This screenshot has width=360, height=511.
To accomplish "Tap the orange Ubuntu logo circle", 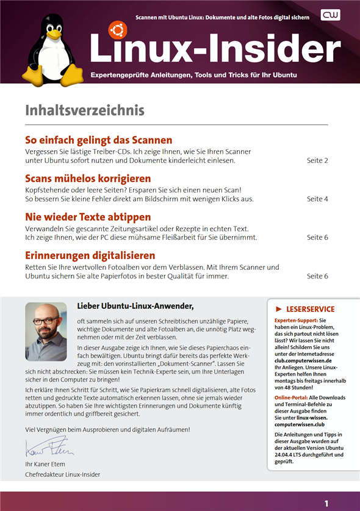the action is (117, 29).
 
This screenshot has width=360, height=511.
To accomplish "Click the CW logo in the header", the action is (331, 16).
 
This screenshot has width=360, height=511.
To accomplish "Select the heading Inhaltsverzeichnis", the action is (84, 111).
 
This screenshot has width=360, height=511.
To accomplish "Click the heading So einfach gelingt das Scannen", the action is (98, 140).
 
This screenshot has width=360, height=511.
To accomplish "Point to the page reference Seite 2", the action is (317, 161).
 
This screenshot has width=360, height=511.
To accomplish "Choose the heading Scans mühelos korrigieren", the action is (88, 178).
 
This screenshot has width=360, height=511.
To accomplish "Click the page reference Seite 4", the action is (317, 199).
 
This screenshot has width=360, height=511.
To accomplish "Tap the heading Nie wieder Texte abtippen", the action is (88, 217).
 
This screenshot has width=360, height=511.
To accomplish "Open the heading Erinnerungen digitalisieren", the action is (90, 255).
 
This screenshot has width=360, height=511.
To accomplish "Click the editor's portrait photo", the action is (46, 332).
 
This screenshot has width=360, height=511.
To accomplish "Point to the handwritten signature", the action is (49, 450).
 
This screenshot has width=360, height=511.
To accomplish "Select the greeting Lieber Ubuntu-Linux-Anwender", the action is (135, 305).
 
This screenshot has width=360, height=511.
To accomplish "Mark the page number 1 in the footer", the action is (326, 504).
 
